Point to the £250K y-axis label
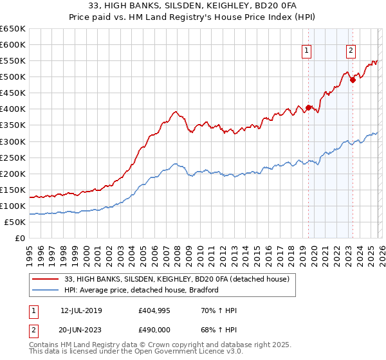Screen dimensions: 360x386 tap(13, 157)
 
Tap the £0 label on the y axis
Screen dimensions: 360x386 tap(19, 238)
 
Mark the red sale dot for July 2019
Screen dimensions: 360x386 tap(308, 107)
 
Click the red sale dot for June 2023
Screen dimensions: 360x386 tap(353, 80)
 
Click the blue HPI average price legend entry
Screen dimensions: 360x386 tap(142, 290)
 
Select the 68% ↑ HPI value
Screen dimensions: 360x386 tap(217, 330)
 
